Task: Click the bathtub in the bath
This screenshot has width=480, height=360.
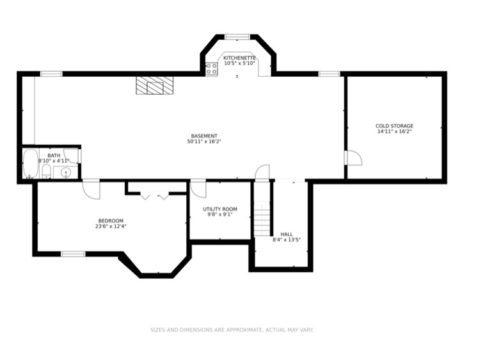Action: pyautogui.click(x=30, y=163)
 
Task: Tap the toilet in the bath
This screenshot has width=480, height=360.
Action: pyautogui.click(x=47, y=171)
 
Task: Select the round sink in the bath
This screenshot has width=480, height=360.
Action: pyautogui.click(x=65, y=172)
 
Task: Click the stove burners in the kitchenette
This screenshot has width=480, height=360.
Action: pyautogui.click(x=211, y=69)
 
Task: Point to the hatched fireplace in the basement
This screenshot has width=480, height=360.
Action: pyautogui.click(x=153, y=86)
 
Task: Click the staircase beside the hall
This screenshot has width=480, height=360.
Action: pyautogui.click(x=262, y=218)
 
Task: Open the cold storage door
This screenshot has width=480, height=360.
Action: pyautogui.click(x=353, y=158)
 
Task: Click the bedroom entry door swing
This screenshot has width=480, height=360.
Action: pyautogui.click(x=91, y=188)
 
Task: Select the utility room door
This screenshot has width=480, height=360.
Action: pyautogui.click(x=198, y=188)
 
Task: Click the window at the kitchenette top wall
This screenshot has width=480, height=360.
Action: pyautogui.click(x=237, y=37)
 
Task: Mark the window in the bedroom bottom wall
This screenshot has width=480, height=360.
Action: pyautogui.click(x=73, y=254)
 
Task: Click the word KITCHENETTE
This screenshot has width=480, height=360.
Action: pyautogui.click(x=240, y=58)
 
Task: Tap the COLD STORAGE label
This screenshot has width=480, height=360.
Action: pyautogui.click(x=394, y=126)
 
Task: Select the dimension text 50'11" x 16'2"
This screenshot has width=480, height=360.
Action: pyautogui.click(x=205, y=142)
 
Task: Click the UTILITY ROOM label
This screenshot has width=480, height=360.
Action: pyautogui.click(x=220, y=209)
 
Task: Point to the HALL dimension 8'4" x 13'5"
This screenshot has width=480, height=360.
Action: pyautogui.click(x=286, y=240)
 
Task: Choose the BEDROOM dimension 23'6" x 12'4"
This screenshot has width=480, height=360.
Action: pyautogui.click(x=110, y=225)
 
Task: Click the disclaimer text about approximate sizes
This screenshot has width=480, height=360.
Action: pyautogui.click(x=232, y=330)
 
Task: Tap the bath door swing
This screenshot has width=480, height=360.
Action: pyautogui.click(x=72, y=155)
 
